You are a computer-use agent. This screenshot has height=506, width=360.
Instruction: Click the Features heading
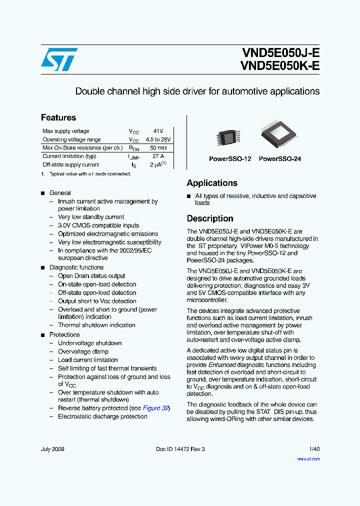[58, 117]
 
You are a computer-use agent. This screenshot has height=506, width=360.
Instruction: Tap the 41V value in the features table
[158, 131]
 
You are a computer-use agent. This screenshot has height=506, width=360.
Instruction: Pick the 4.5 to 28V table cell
[158, 139]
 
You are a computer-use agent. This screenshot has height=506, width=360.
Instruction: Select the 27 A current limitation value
[158, 156]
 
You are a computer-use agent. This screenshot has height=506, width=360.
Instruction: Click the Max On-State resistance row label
[82, 148]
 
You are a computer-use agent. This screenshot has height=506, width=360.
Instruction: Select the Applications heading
[212, 183]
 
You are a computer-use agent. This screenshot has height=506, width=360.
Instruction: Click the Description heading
[210, 218]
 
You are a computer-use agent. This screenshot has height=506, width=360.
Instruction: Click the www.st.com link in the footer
[308, 458]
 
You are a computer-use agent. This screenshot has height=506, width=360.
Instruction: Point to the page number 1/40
[314, 449]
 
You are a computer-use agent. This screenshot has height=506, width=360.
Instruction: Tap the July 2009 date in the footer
[52, 449]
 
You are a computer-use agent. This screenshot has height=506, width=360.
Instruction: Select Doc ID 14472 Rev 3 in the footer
[180, 449]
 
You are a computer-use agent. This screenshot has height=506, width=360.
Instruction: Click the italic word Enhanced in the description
[222, 365]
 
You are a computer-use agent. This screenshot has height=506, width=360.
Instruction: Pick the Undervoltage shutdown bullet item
[90, 343]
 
